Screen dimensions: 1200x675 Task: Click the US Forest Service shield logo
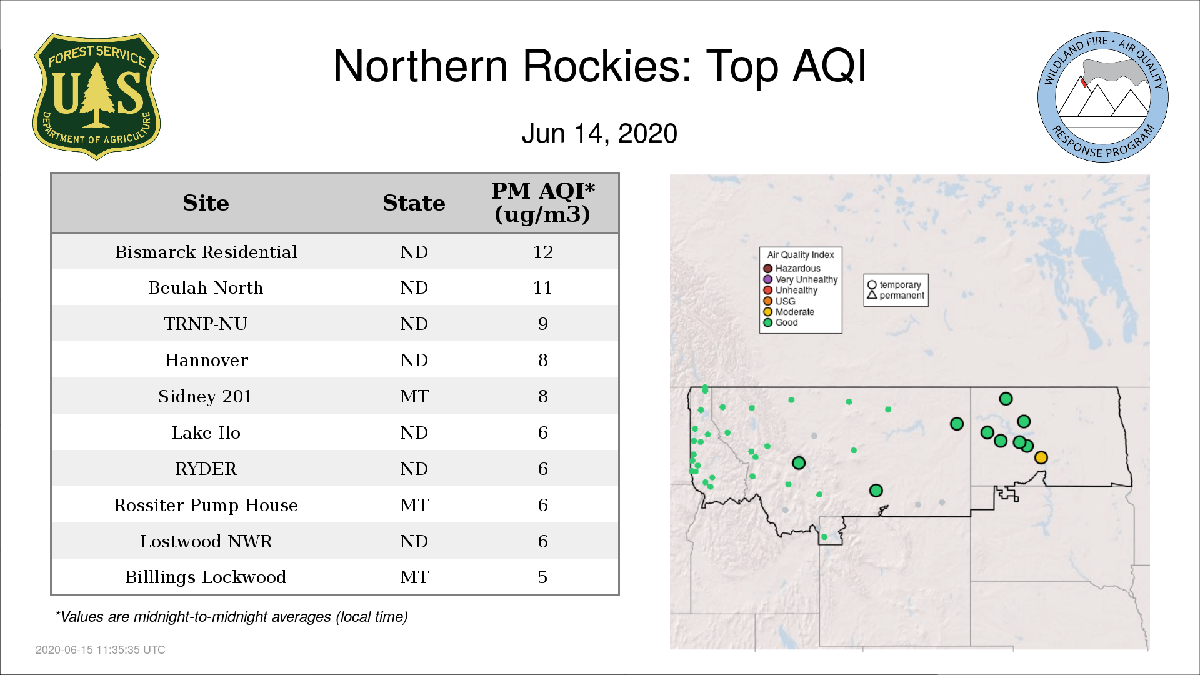click(96, 96)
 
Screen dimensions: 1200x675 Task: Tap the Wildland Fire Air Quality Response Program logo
click(1103, 97)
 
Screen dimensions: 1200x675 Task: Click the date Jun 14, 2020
click(599, 134)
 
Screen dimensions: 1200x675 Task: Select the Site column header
click(206, 203)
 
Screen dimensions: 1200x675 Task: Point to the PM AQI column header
click(542, 202)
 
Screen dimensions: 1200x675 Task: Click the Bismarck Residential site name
click(206, 252)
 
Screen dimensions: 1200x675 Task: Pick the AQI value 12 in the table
click(542, 252)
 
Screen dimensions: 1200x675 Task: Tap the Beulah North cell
click(206, 288)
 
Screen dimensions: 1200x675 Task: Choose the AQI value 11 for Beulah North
click(542, 288)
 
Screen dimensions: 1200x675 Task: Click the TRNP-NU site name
click(206, 324)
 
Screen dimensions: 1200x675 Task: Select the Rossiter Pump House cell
click(206, 505)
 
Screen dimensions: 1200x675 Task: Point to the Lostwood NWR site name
click(206, 541)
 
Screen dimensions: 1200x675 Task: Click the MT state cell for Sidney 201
click(414, 396)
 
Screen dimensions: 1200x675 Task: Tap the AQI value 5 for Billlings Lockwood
click(542, 577)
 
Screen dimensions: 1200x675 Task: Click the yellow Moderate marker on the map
click(1041, 457)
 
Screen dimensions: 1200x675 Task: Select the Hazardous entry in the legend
click(792, 269)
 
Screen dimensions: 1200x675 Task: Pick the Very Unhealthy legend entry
click(801, 279)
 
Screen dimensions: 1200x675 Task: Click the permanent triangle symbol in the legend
click(872, 295)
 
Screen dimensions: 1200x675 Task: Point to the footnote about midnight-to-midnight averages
click(231, 617)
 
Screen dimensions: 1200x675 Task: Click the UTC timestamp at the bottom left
click(101, 650)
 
